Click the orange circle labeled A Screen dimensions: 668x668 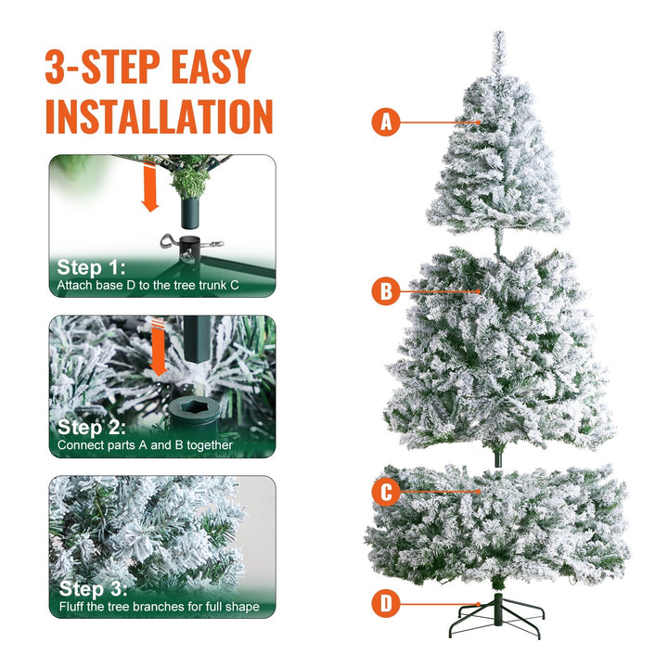point(386,122)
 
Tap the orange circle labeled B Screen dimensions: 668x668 point(386,291)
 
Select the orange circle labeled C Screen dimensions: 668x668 point(386,492)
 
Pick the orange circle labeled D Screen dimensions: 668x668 point(386,604)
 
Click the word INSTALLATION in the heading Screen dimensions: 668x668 point(159,116)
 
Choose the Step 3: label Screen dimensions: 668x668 point(94,588)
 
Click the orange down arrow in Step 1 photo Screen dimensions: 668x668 point(149,188)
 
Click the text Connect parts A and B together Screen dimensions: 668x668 point(145,445)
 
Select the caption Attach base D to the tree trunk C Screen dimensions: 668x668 point(148,285)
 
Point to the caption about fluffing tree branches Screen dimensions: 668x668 point(159,607)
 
